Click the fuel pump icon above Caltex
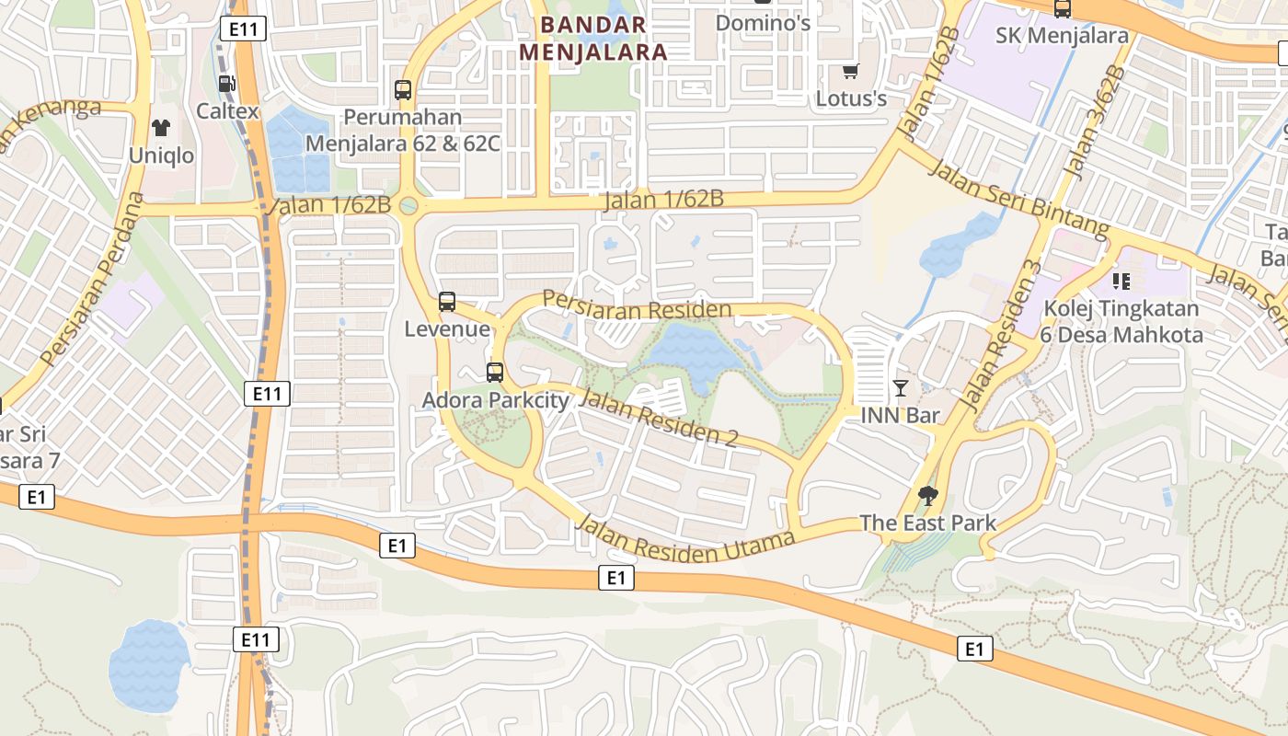[x=226, y=84]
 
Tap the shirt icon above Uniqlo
[x=161, y=128]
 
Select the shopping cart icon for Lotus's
[x=851, y=71]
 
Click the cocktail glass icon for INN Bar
[x=900, y=388]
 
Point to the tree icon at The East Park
[x=928, y=496]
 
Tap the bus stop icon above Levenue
[x=447, y=301]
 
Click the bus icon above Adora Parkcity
[x=495, y=373]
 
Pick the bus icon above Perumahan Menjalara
[x=403, y=90]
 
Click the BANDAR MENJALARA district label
[x=592, y=38]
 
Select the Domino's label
[x=763, y=22]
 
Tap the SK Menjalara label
[x=1062, y=35]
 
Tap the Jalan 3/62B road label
[x=1095, y=122]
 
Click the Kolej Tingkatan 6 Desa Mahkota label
[x=1121, y=321]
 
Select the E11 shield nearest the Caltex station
[x=243, y=29]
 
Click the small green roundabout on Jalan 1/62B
[x=408, y=206]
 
